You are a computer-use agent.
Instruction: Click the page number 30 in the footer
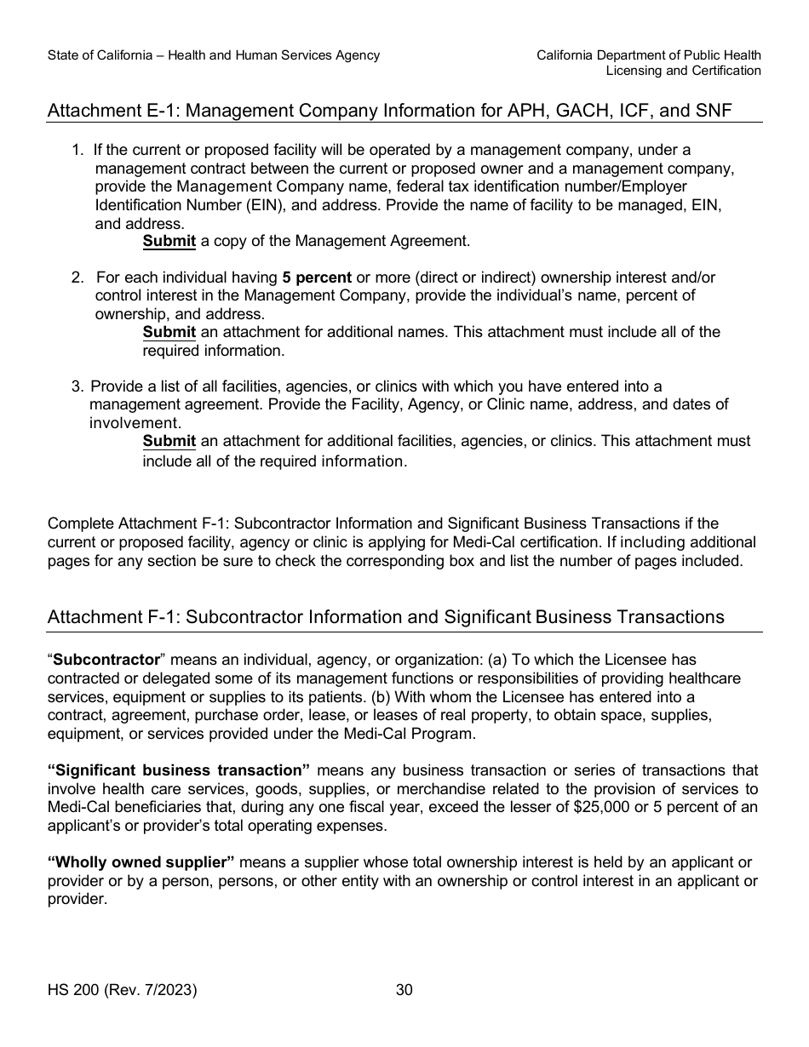coord(404,990)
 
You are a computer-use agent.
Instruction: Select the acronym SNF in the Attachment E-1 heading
coord(714,111)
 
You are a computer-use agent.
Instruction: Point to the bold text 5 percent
coord(317,277)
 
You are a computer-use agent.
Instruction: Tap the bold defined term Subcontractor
coord(106,660)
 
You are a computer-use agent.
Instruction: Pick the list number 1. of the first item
coord(77,150)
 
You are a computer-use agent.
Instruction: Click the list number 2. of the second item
coord(77,277)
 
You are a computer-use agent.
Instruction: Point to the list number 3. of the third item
coord(77,386)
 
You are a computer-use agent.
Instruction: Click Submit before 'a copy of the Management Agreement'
coord(169,241)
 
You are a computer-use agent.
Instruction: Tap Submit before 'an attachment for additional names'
coord(169,332)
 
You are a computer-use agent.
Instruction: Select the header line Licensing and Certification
coord(683,71)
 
